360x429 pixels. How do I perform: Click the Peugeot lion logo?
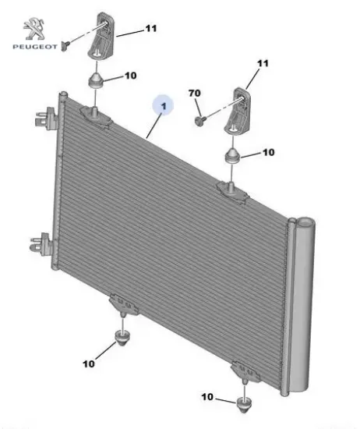34,28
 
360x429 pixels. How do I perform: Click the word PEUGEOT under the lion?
35,47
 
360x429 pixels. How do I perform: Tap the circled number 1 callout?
164,105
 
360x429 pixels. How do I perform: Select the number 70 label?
194,94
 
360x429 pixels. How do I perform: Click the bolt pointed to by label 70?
200,120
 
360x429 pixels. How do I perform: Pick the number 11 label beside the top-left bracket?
151,28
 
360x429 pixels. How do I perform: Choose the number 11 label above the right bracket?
263,63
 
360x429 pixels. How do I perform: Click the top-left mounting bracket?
101,35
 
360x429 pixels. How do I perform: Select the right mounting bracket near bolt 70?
237,111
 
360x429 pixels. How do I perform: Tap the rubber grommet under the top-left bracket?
96,80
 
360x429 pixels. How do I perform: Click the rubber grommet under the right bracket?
232,155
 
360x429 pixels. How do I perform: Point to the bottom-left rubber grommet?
123,337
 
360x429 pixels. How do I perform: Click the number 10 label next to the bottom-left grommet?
89,364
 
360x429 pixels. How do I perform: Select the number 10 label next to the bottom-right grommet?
207,397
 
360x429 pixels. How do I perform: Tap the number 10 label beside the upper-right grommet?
268,152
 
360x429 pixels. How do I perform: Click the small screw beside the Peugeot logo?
65,46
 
